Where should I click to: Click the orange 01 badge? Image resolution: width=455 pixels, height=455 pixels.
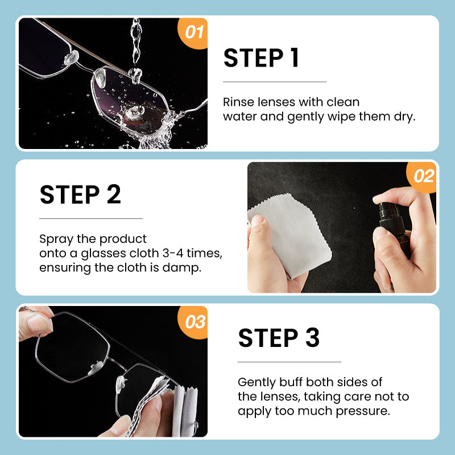point(193,32)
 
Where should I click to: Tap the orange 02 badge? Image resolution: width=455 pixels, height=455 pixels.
point(423,176)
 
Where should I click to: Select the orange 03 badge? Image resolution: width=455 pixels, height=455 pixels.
point(193,321)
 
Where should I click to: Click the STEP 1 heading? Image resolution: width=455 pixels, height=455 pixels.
point(261,58)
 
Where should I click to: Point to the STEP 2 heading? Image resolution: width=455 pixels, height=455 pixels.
point(80,195)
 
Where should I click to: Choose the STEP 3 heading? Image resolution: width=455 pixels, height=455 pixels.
point(279,338)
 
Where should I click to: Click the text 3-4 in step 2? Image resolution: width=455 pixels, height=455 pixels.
point(173,253)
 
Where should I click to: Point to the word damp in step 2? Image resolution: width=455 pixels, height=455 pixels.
point(181,268)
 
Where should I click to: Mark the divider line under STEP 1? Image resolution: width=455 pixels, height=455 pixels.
point(275,82)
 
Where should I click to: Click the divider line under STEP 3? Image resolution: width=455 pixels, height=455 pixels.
point(289,362)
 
